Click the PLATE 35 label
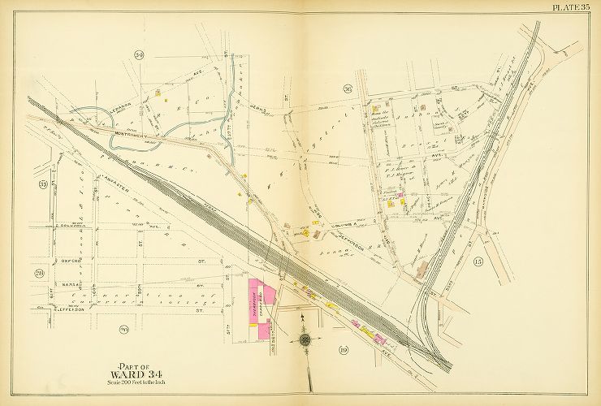(x=574, y=7)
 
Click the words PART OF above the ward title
(x=136, y=363)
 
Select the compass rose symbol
(x=305, y=339)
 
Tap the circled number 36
(x=347, y=89)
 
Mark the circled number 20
(x=124, y=329)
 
